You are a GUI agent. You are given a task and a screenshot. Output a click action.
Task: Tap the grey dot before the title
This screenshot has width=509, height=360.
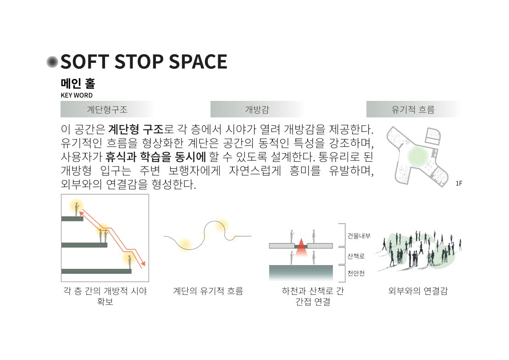point(52,61)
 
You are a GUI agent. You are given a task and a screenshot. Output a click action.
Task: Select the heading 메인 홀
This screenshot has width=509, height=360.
point(78,83)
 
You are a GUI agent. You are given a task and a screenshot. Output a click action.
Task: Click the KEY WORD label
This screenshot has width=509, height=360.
point(77,95)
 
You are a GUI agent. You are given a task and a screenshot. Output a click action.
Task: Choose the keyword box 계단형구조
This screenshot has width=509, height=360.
point(107,109)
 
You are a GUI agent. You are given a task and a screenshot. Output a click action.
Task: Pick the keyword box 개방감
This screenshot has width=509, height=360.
point(257,109)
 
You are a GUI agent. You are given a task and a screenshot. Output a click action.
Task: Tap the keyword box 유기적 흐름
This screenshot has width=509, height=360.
point(413,109)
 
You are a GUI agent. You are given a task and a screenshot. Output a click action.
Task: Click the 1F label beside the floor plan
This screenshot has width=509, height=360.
point(459,183)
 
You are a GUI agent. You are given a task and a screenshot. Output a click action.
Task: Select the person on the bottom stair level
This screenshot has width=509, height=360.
point(129,262)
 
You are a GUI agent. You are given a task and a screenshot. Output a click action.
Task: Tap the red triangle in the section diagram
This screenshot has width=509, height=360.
point(301,247)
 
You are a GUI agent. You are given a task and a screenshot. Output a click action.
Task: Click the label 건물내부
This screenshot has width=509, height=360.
point(359,236)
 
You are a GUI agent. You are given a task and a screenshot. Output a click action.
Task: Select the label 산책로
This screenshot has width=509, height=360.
point(356,256)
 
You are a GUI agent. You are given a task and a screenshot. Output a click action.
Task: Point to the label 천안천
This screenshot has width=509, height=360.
point(356,273)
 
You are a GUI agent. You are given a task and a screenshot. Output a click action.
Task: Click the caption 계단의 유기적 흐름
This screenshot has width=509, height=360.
point(208,291)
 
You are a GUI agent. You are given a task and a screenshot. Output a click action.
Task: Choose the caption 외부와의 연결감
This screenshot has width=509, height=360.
point(418,291)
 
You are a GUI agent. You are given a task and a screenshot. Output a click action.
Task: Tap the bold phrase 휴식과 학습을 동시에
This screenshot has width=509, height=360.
point(156,157)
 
